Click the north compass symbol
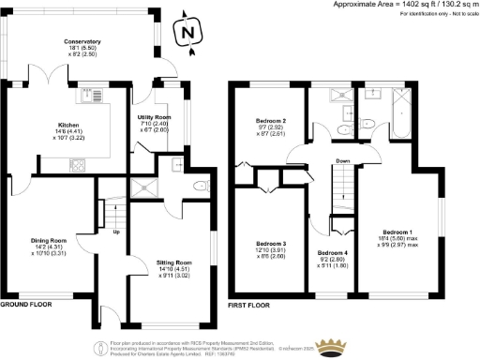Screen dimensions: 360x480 189,33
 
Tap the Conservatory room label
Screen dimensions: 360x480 82,42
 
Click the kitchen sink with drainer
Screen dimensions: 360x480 90,96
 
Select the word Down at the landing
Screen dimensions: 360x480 344,160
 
